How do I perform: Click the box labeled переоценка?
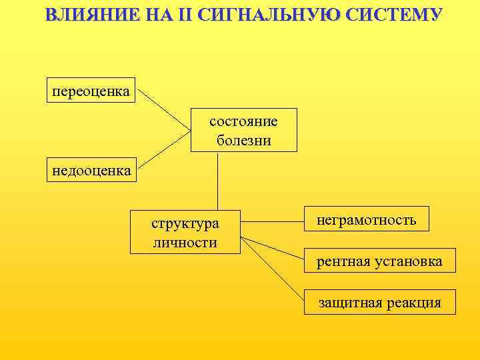coord(91,91)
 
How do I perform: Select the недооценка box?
coord(91,171)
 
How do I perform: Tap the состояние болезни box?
coord(243,131)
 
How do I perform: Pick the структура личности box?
coord(185,233)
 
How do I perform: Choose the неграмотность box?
coord(366,219)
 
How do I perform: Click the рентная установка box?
coord(379,261)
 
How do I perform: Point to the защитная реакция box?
coord(379,302)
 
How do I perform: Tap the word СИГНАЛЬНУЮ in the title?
coord(267,15)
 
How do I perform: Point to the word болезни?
coord(243,140)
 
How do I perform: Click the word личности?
coord(185,242)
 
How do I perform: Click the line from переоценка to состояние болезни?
coord(164,109)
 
